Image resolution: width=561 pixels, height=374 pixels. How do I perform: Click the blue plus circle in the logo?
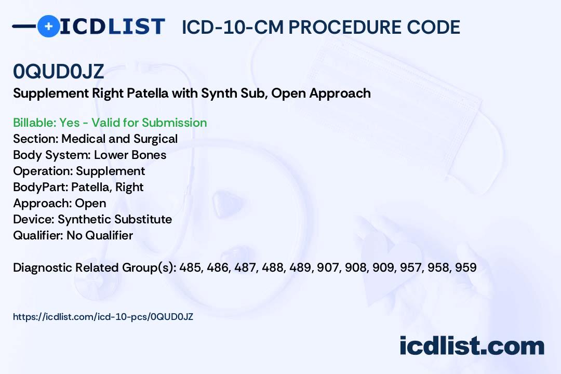coord(48,26)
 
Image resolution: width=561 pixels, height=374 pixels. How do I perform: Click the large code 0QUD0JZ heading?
coord(58,71)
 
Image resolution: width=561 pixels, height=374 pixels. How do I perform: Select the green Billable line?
coord(110,123)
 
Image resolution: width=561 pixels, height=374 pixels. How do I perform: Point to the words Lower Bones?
coord(130,155)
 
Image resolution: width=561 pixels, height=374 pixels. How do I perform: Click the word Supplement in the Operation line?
coord(111,171)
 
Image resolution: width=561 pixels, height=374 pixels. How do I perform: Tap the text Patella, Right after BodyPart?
coord(108,187)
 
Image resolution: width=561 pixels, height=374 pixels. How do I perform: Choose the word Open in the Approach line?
coord(90,203)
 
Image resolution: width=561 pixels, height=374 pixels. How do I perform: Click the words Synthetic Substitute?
coord(115,219)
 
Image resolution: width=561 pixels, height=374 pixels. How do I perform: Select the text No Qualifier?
coord(100,235)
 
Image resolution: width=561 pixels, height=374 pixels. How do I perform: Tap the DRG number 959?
coord(466,268)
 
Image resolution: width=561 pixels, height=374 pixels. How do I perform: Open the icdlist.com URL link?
coord(103,317)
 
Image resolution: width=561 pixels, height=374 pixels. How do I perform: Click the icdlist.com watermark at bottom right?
coord(472,346)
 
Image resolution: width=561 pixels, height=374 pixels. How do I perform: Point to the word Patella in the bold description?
coord(148,94)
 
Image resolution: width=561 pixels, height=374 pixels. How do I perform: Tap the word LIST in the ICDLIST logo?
coord(136,26)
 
